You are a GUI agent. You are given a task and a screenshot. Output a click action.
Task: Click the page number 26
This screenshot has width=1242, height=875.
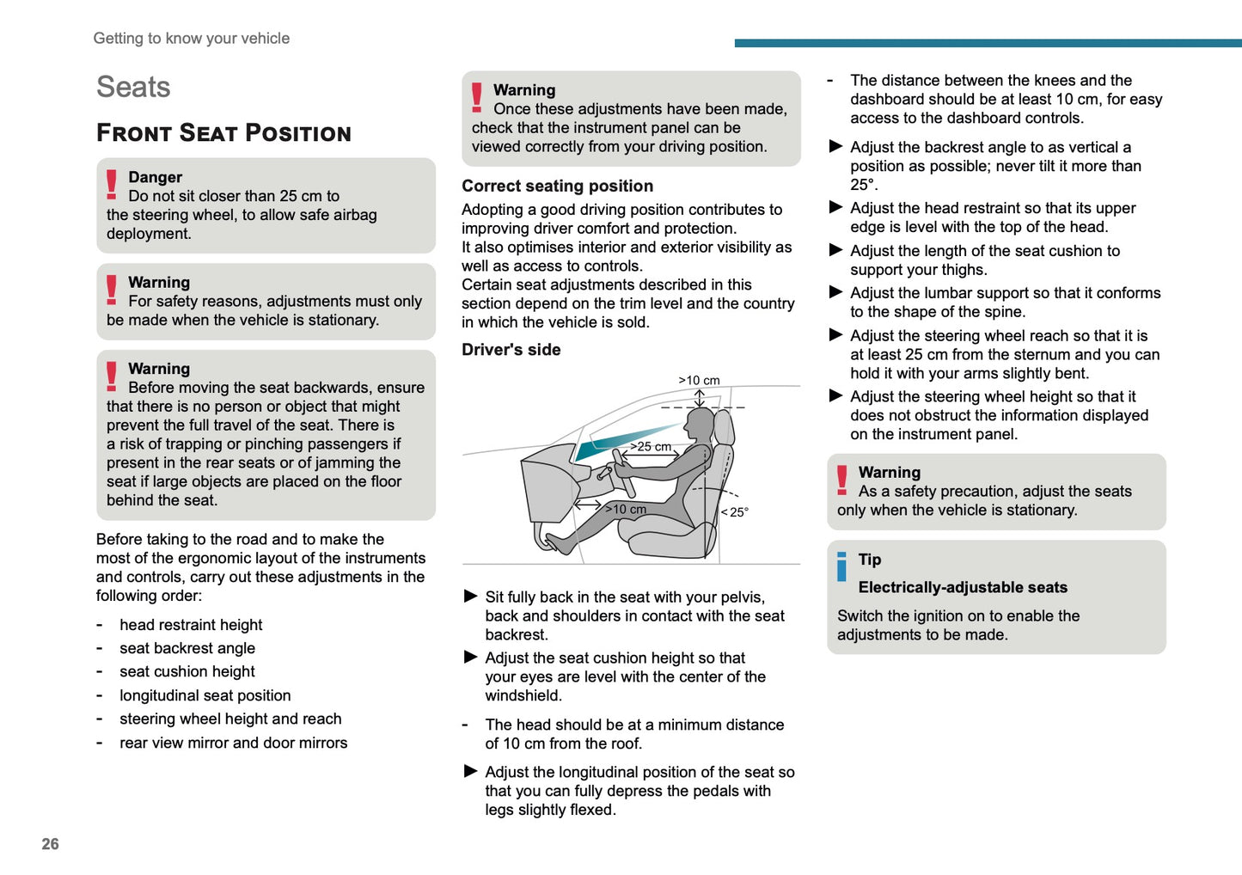tap(50, 843)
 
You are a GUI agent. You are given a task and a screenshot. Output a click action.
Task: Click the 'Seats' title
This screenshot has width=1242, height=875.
tap(133, 87)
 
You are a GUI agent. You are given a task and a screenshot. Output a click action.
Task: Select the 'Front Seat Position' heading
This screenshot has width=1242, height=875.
tap(223, 133)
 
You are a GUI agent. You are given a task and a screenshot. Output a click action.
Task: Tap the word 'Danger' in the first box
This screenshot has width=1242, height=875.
tap(155, 177)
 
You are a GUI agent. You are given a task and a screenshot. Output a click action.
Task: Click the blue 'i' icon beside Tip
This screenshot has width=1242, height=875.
tap(841, 566)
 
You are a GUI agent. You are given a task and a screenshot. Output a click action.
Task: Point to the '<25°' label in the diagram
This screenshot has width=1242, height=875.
tap(735, 511)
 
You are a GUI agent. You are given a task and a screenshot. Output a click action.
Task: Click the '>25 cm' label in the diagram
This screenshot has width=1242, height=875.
tap(651, 446)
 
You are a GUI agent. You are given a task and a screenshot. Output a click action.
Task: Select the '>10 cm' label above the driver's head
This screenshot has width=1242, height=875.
tap(699, 380)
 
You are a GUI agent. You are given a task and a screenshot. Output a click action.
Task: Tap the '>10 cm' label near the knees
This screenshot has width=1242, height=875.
tap(626, 509)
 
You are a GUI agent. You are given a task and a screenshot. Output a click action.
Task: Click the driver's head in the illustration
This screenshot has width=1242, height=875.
tap(701, 426)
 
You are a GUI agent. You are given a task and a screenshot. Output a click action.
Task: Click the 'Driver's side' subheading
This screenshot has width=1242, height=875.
tap(511, 350)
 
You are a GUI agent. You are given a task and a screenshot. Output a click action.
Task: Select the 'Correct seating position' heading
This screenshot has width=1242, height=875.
tap(557, 186)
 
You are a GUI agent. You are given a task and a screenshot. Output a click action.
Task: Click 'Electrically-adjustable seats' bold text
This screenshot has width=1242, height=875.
tap(963, 587)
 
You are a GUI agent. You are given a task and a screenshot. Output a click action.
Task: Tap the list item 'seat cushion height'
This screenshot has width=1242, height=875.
tap(187, 671)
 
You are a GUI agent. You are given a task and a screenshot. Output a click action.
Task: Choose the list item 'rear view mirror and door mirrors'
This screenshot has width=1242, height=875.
tap(233, 743)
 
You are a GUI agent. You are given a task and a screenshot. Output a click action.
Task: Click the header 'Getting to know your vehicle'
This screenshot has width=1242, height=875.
tap(191, 38)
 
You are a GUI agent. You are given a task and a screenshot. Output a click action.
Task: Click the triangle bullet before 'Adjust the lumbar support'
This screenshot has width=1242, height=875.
tap(835, 292)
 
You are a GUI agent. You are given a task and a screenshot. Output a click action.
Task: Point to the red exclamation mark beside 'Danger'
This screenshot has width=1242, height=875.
tap(112, 185)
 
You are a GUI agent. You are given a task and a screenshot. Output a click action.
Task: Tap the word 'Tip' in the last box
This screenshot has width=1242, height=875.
tap(870, 560)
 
